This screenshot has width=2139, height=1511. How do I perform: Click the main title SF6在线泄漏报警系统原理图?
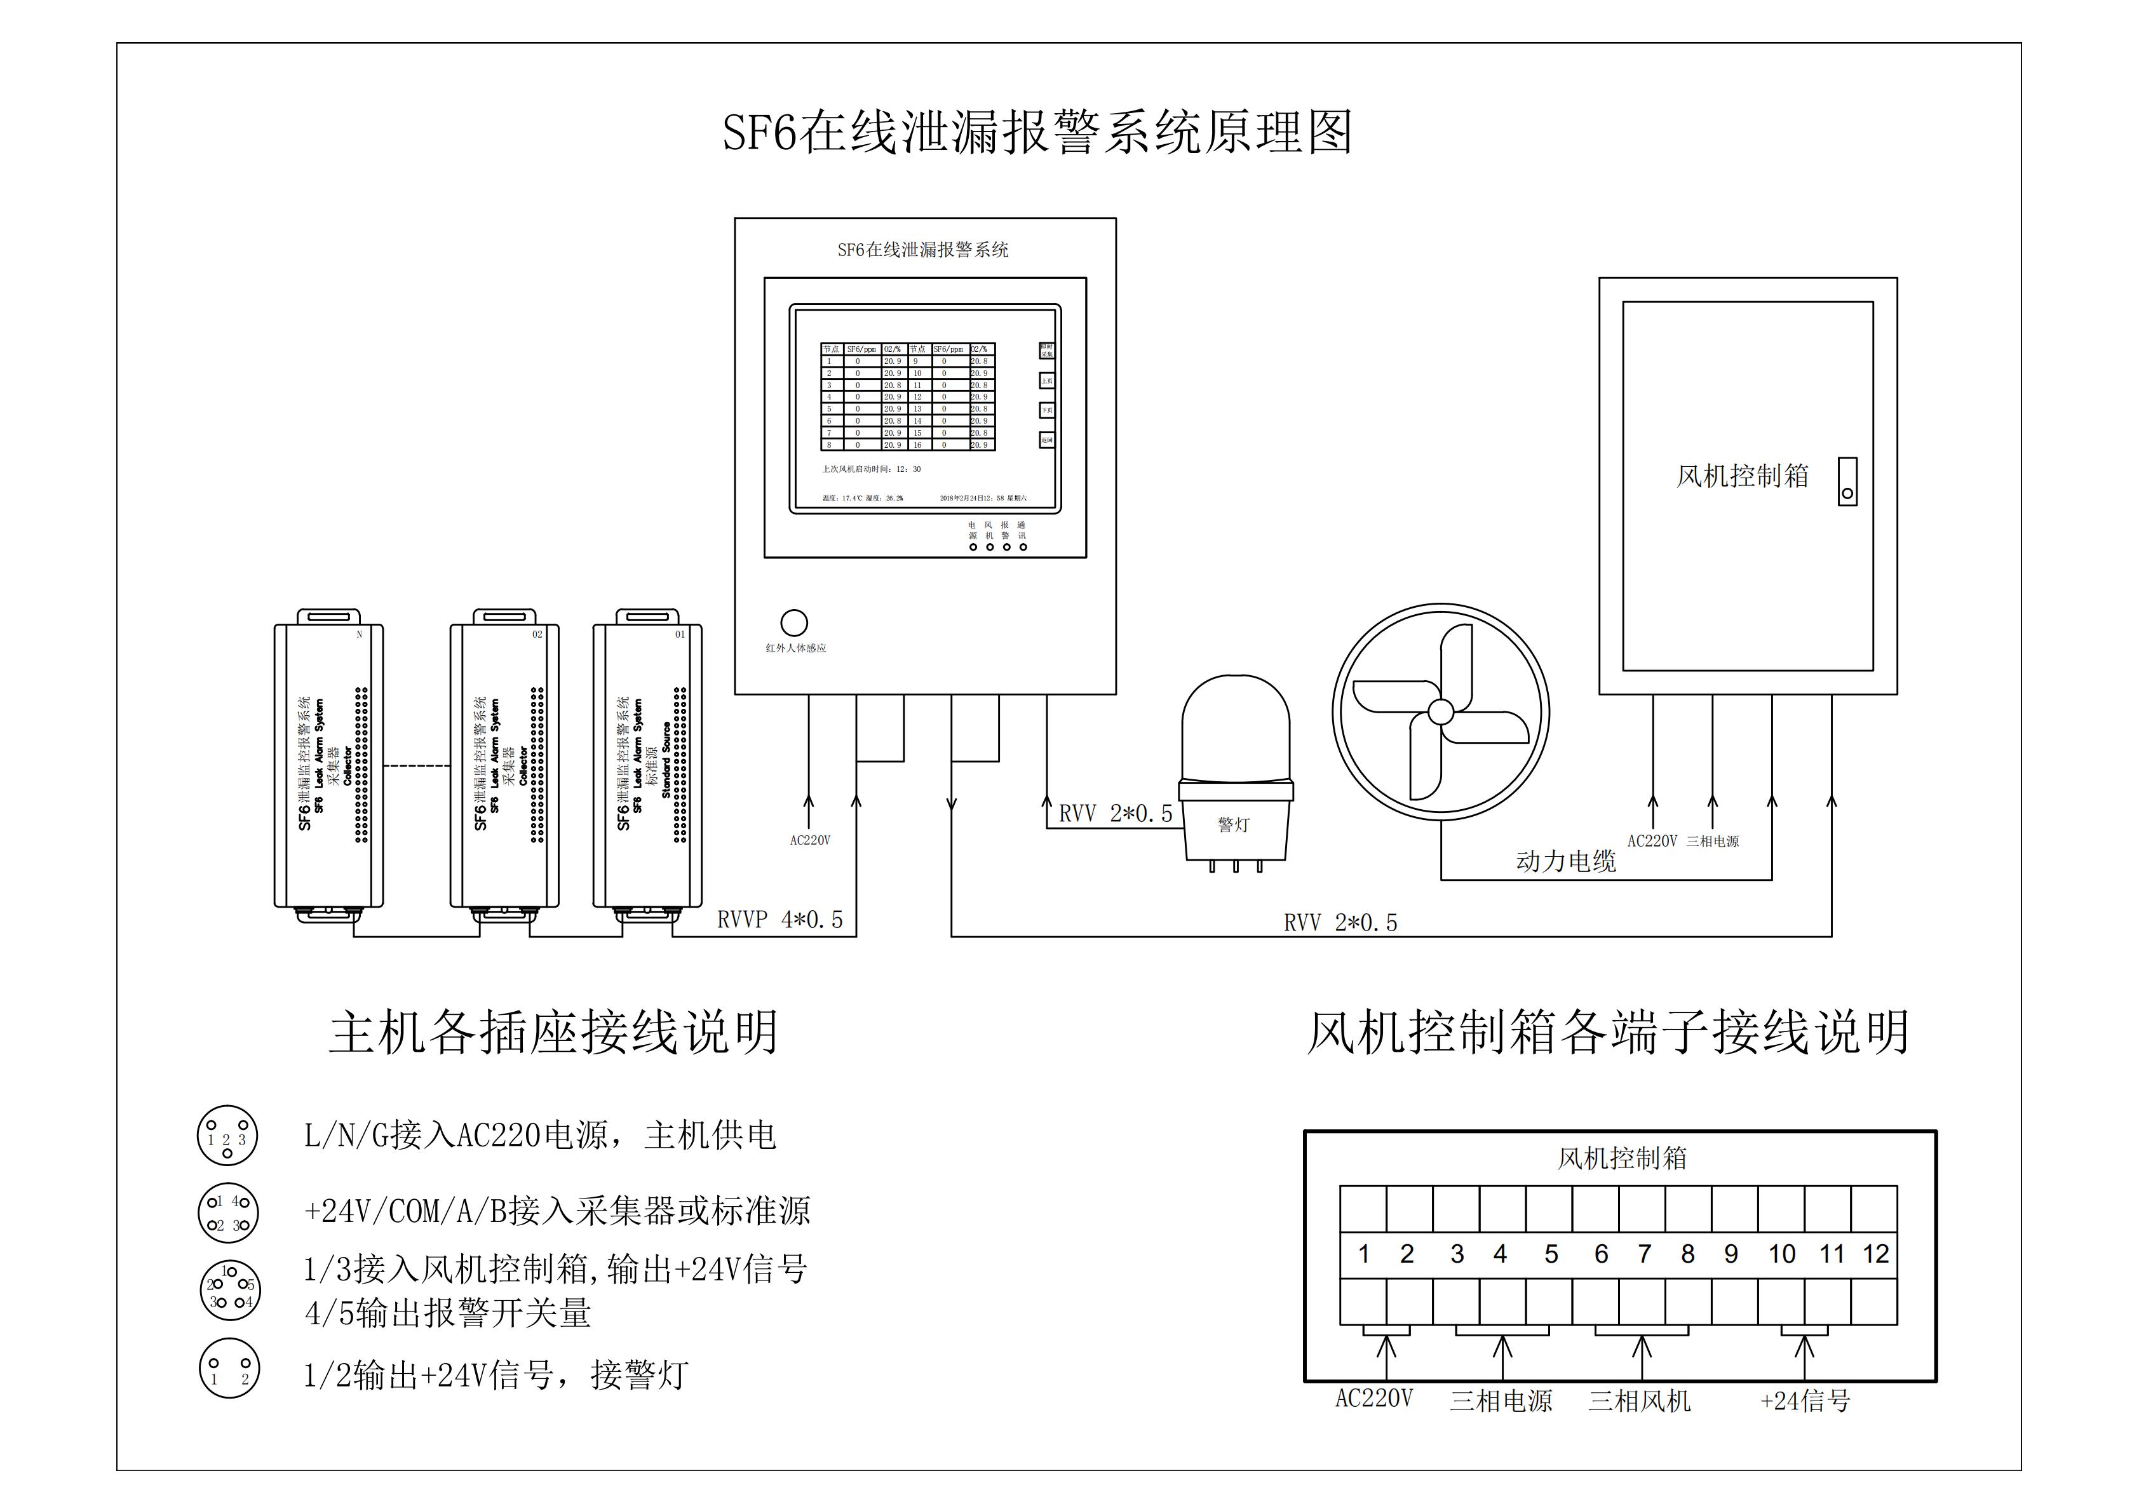1036,133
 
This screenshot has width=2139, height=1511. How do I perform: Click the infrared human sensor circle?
793,622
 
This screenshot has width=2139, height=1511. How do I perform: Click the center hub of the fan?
1440,713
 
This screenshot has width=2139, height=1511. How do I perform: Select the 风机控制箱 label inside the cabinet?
1742,476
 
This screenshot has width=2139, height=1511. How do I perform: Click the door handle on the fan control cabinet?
1847,481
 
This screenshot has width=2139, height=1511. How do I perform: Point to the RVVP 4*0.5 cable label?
779,920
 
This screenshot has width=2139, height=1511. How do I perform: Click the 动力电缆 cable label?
1566,861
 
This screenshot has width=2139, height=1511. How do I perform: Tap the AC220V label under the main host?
809,840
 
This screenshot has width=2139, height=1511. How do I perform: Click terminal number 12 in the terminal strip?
1875,1254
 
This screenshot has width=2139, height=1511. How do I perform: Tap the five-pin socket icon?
230,1290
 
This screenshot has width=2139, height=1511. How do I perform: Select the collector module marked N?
329,764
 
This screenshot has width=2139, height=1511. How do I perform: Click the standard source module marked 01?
647,764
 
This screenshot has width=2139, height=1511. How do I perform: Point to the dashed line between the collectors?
417,766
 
